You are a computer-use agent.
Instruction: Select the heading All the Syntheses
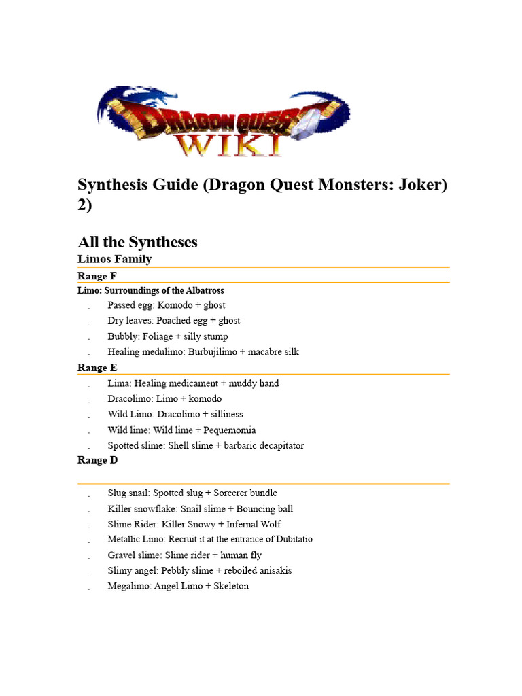[137, 242]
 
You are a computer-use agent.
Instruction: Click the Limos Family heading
[114, 259]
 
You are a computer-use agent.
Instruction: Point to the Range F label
[97, 276]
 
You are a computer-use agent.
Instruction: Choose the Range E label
[97, 368]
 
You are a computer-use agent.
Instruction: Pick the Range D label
[98, 460]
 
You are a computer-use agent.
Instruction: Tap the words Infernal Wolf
[254, 524]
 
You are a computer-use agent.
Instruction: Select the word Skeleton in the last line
[231, 586]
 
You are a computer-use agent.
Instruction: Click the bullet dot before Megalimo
[89, 587]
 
